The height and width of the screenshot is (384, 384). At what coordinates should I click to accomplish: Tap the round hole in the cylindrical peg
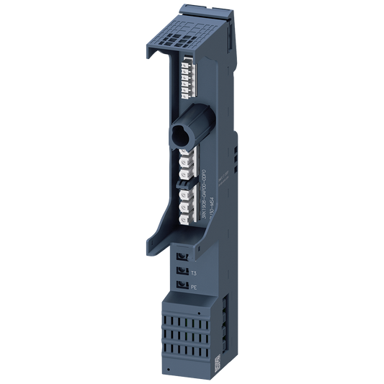click(178, 135)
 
